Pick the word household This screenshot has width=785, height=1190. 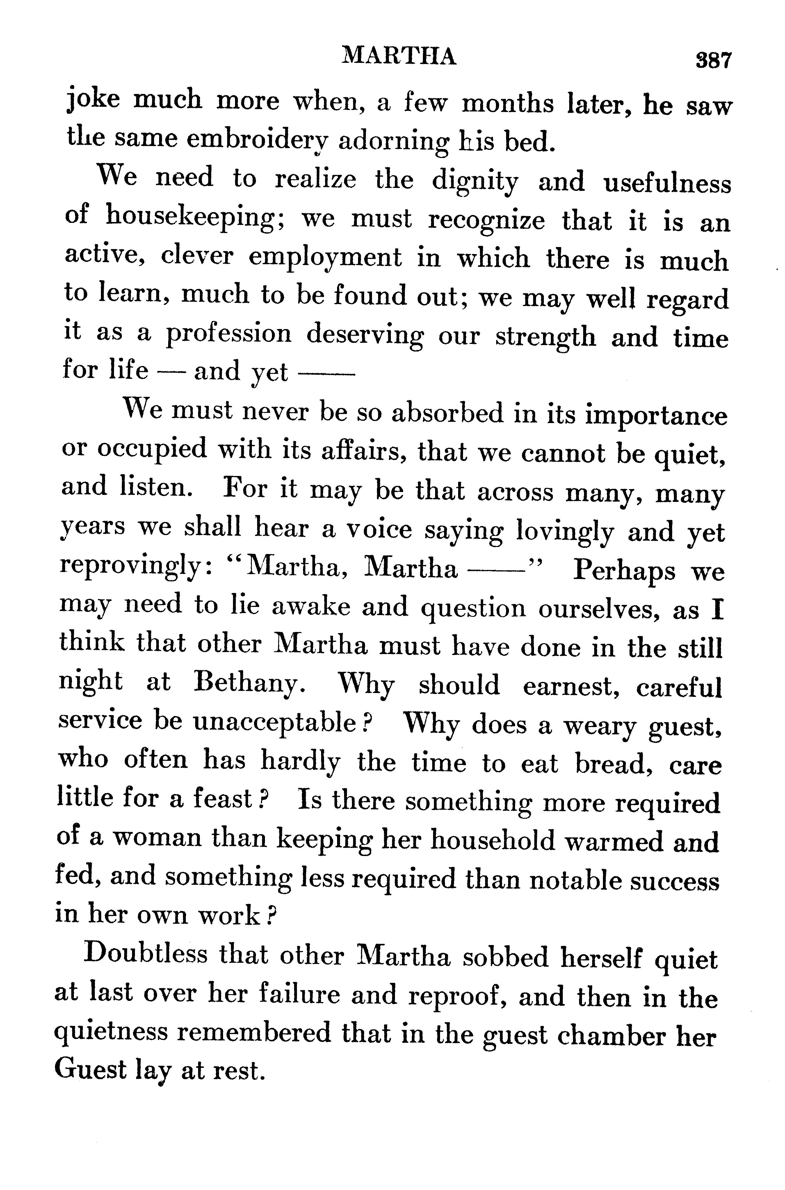[493, 839]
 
